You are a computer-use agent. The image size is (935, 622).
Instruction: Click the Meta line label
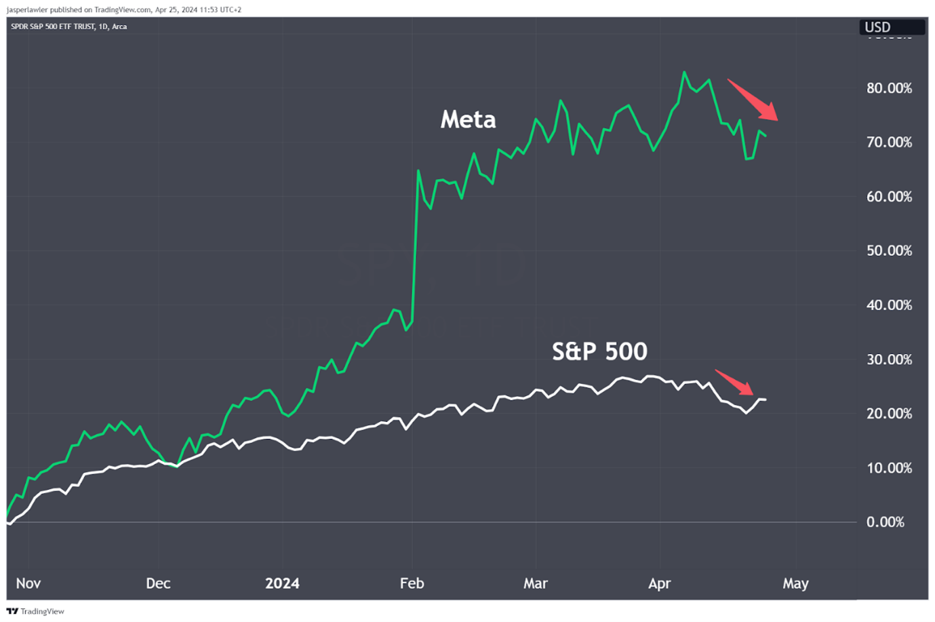pos(468,120)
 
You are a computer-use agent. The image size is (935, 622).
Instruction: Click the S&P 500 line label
pos(599,351)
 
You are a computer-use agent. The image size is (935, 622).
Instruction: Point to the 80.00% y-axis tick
pos(889,88)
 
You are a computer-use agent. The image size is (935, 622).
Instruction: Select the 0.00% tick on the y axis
pos(885,522)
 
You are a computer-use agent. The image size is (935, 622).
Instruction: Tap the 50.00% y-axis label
pos(889,251)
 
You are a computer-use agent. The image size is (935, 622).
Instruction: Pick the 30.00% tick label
pos(889,359)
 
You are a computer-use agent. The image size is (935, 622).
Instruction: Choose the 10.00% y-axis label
pos(889,468)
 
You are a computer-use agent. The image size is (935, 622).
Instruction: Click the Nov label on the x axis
pos(28,583)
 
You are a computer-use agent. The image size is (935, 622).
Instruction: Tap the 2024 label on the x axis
pos(282,583)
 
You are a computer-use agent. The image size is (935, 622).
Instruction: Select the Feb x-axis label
pos(412,583)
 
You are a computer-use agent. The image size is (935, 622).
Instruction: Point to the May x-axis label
pos(795,583)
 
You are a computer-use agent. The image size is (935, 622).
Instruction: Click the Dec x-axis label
pos(158,583)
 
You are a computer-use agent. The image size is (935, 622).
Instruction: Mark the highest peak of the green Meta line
pos(684,72)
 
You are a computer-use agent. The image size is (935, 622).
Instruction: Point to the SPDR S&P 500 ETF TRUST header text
pos(68,26)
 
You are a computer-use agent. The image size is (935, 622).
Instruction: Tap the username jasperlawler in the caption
pos(27,9)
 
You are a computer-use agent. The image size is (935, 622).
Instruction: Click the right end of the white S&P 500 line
pos(765,400)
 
